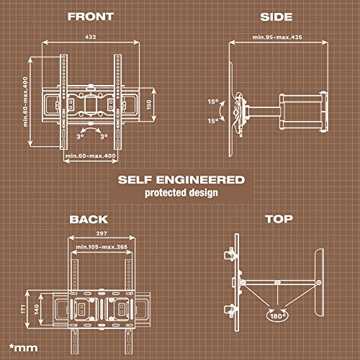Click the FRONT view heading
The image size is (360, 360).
91,17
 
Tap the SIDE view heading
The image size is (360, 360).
276,17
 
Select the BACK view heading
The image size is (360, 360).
89,220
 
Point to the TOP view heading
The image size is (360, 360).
279,219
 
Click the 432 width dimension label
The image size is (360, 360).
91,37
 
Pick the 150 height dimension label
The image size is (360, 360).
149,104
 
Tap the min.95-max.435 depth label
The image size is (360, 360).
277,37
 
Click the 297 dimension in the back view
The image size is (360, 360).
102,233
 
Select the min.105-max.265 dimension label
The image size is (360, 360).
102,247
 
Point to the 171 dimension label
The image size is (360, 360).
23,309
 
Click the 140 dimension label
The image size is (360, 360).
37,309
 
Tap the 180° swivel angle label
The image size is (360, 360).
278,316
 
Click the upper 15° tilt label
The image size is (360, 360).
213,102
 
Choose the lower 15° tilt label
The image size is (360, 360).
213,121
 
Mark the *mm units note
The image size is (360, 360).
23,348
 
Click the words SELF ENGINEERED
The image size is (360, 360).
181,180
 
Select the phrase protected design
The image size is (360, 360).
181,193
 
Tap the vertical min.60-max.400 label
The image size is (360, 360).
25,102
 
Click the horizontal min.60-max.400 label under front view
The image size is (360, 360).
91,156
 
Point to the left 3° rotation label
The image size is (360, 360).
80,137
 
